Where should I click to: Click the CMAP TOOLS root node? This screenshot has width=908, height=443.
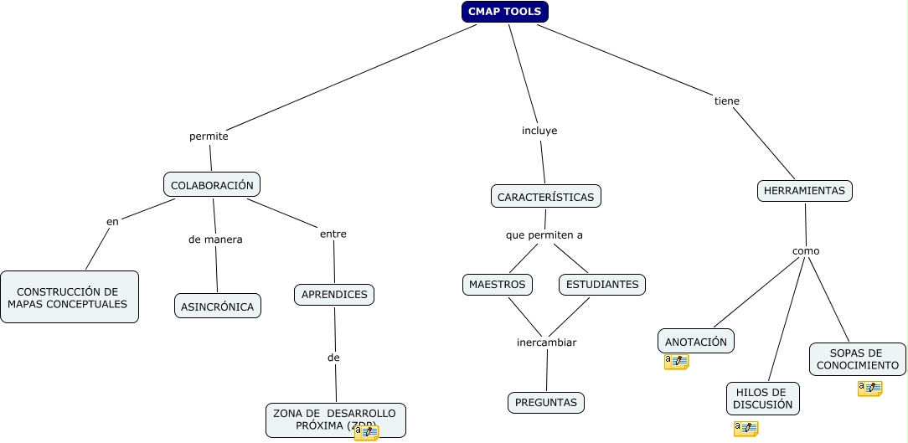(x=504, y=12)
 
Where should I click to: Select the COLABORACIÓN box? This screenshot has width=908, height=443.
(x=212, y=185)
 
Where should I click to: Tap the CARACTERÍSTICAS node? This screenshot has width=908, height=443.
(x=545, y=197)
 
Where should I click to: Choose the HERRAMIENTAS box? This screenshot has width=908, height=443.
(x=804, y=191)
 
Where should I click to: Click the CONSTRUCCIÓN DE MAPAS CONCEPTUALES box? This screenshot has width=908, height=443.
(x=69, y=297)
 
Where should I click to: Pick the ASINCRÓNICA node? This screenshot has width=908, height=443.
(x=218, y=306)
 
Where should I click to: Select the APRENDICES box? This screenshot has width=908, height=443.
(x=334, y=295)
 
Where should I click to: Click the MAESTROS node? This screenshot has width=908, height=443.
(x=498, y=285)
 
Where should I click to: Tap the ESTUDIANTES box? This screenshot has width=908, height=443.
(x=601, y=285)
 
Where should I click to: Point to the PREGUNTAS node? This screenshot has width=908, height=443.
(x=546, y=403)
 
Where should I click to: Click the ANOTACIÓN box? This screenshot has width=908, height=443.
(x=696, y=342)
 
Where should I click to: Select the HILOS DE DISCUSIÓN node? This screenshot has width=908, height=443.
(x=762, y=399)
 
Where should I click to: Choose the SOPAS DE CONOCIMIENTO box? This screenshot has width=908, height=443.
(x=857, y=359)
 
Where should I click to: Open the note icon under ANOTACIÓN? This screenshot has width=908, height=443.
(x=676, y=362)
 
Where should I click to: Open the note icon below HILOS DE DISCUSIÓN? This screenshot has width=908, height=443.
(x=745, y=429)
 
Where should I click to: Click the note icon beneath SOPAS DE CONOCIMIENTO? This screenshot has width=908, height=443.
(x=869, y=389)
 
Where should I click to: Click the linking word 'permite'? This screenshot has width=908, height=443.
(x=209, y=136)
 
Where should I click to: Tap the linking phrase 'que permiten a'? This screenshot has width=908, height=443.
(x=544, y=235)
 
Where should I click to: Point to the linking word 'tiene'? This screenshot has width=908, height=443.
(x=726, y=101)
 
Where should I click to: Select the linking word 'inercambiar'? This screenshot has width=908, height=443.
(x=546, y=343)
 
